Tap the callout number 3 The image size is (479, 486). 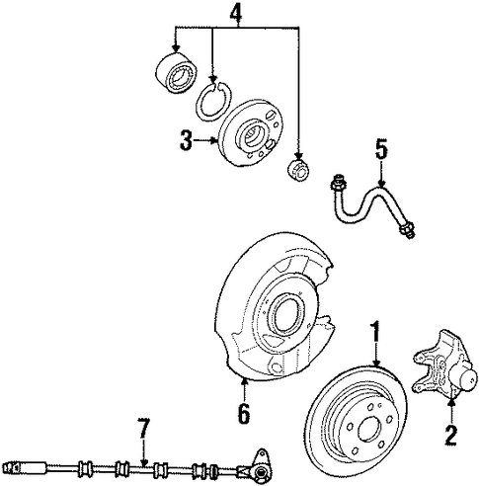coord(186,140)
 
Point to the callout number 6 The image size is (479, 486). coord(244,413)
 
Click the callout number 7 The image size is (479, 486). coord(144,429)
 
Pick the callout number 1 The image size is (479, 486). coord(375,332)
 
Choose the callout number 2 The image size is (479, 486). coord(451,435)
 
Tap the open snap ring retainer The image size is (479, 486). coord(212,101)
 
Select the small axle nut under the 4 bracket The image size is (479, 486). coord(297,170)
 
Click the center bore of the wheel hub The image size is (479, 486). coord(253,135)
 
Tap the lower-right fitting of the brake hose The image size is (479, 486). coord(407,229)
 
